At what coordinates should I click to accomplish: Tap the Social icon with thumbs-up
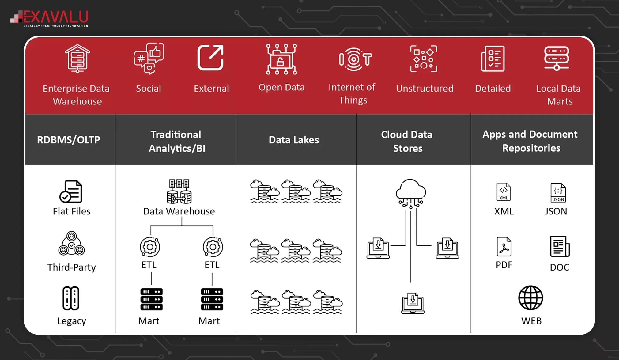(x=149, y=58)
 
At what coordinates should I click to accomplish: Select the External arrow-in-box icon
(x=210, y=58)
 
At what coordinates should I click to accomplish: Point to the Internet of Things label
(x=352, y=94)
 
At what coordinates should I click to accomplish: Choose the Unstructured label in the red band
(x=425, y=89)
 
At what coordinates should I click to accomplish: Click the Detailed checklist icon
(x=493, y=59)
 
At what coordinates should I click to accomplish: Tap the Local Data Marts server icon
(x=557, y=58)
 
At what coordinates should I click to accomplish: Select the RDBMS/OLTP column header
(x=69, y=140)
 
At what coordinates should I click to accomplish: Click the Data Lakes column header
(x=294, y=140)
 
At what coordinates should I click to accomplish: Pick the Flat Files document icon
(x=71, y=191)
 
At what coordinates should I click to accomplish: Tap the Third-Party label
(x=72, y=267)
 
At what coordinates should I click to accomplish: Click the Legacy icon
(x=71, y=298)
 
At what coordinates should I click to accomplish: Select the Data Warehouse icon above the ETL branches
(x=179, y=191)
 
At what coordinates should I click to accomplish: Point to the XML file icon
(x=504, y=192)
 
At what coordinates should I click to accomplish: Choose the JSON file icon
(x=558, y=193)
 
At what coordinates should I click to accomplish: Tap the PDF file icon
(x=504, y=247)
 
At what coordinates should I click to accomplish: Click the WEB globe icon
(x=530, y=298)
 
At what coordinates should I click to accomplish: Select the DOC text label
(x=560, y=267)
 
